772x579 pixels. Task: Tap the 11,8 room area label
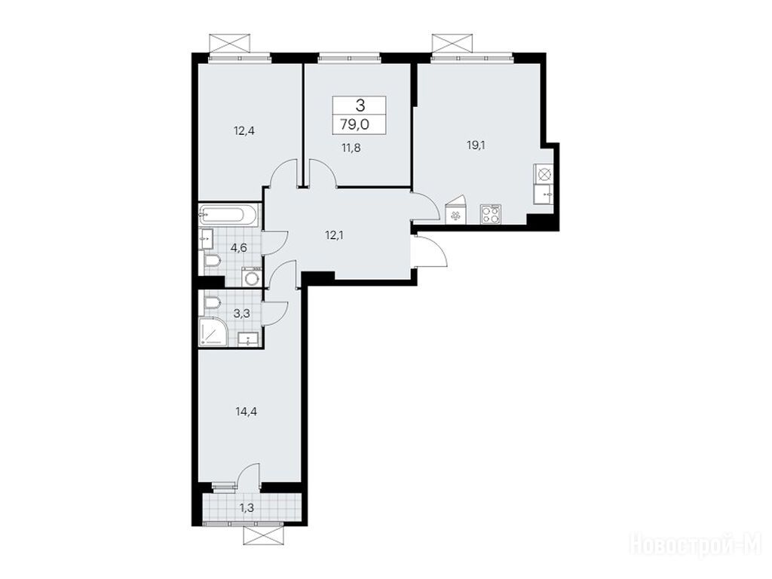(x=351, y=147)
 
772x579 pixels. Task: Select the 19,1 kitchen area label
(x=476, y=145)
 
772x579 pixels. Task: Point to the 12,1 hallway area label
(x=334, y=235)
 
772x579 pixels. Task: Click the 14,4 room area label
(x=247, y=411)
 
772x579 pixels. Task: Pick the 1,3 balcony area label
(x=247, y=508)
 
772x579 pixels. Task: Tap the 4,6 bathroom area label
(x=239, y=247)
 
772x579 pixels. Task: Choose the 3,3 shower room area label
(x=240, y=313)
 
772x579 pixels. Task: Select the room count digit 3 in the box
(x=360, y=105)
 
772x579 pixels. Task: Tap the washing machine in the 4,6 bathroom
(x=252, y=277)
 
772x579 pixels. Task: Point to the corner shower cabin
(x=213, y=332)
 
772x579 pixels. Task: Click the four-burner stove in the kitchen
(x=491, y=214)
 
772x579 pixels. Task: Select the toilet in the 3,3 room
(x=211, y=303)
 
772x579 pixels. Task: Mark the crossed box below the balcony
(x=264, y=535)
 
